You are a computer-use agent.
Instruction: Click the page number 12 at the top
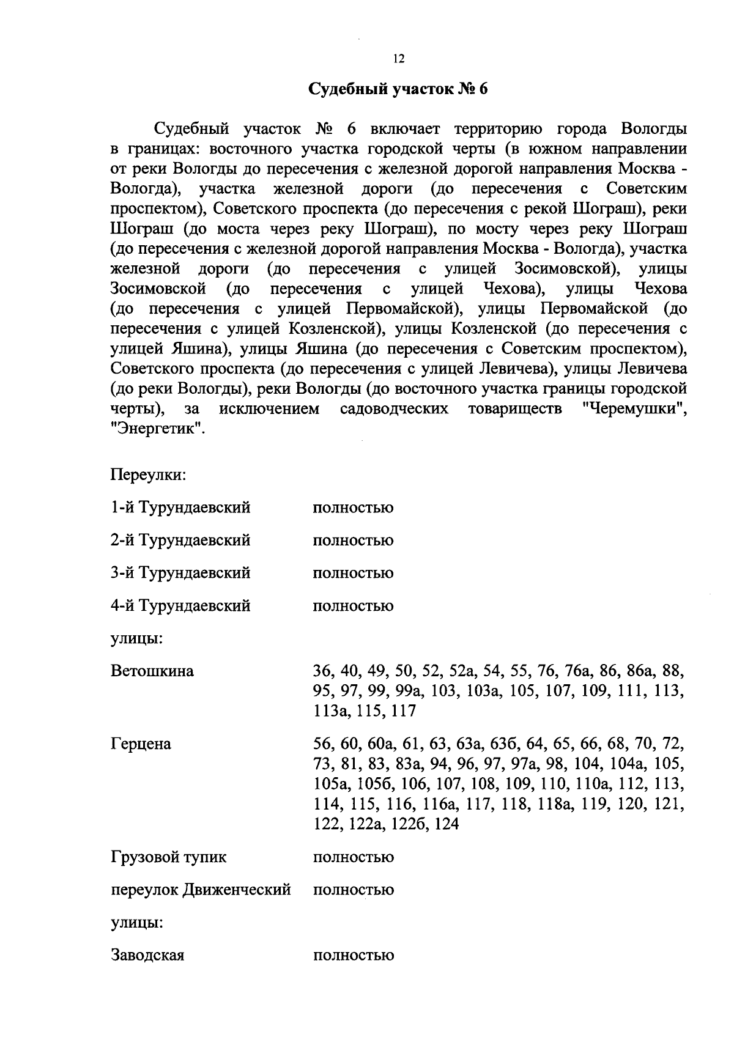[x=398, y=59]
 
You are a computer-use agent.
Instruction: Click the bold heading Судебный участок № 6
[x=398, y=89]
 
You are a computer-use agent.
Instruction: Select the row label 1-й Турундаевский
[x=180, y=508]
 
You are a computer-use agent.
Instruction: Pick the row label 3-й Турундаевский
[x=180, y=573]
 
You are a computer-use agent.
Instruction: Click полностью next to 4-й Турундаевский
[x=353, y=606]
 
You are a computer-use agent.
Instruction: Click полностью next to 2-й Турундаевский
[x=353, y=541]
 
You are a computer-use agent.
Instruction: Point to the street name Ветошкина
[x=152, y=671]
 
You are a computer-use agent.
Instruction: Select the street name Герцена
[x=141, y=744]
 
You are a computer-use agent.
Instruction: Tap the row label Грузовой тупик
[x=168, y=857]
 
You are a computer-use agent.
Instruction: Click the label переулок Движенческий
[x=201, y=890]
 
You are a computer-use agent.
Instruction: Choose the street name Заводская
[x=147, y=955]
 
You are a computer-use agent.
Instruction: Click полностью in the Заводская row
[x=353, y=955]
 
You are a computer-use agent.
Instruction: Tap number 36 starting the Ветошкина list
[x=322, y=671]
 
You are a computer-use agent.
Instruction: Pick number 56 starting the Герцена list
[x=322, y=744]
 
